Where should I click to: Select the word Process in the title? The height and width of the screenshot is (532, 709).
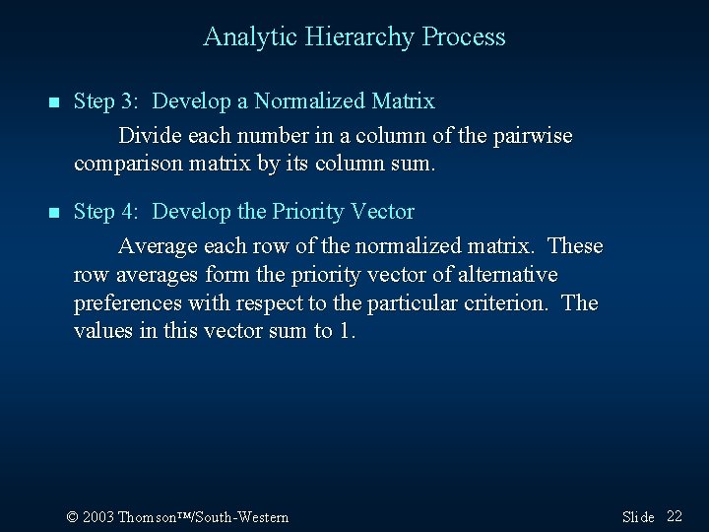coord(464,37)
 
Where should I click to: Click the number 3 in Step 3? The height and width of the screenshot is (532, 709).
coord(132,101)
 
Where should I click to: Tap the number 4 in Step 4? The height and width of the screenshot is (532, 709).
coord(132,212)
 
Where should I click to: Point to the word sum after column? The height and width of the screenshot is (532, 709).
coord(410,165)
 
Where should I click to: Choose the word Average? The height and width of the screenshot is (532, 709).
coord(158,245)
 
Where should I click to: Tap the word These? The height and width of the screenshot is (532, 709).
coord(575,245)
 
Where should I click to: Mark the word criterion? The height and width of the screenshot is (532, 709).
coord(503,303)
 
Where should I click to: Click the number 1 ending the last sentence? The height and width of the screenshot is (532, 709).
coord(344,332)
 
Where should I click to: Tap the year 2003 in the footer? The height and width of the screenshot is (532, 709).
coord(97,517)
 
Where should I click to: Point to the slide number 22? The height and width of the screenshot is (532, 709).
coord(675,516)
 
